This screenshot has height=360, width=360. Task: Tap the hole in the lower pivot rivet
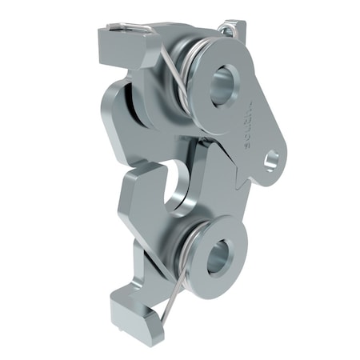[217, 258]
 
